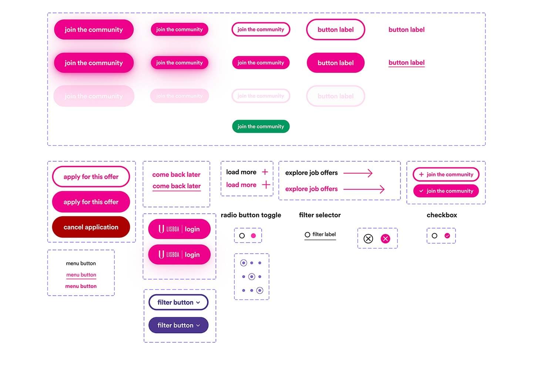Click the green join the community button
click(x=261, y=126)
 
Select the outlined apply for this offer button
click(x=91, y=177)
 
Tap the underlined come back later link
click(x=177, y=186)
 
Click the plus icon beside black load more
click(x=265, y=172)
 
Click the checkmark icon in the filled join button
click(x=421, y=191)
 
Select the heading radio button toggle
click(x=251, y=215)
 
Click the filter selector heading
click(x=320, y=215)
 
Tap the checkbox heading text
click(x=442, y=215)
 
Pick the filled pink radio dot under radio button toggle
click(x=254, y=236)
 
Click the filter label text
click(x=324, y=234)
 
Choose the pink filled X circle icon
click(x=385, y=239)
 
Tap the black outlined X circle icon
click(x=368, y=239)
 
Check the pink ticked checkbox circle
click(x=447, y=236)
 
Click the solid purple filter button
click(x=178, y=325)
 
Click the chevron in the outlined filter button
click(x=198, y=303)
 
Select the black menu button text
click(x=81, y=264)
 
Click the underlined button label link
click(x=406, y=63)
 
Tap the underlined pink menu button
click(x=81, y=275)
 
